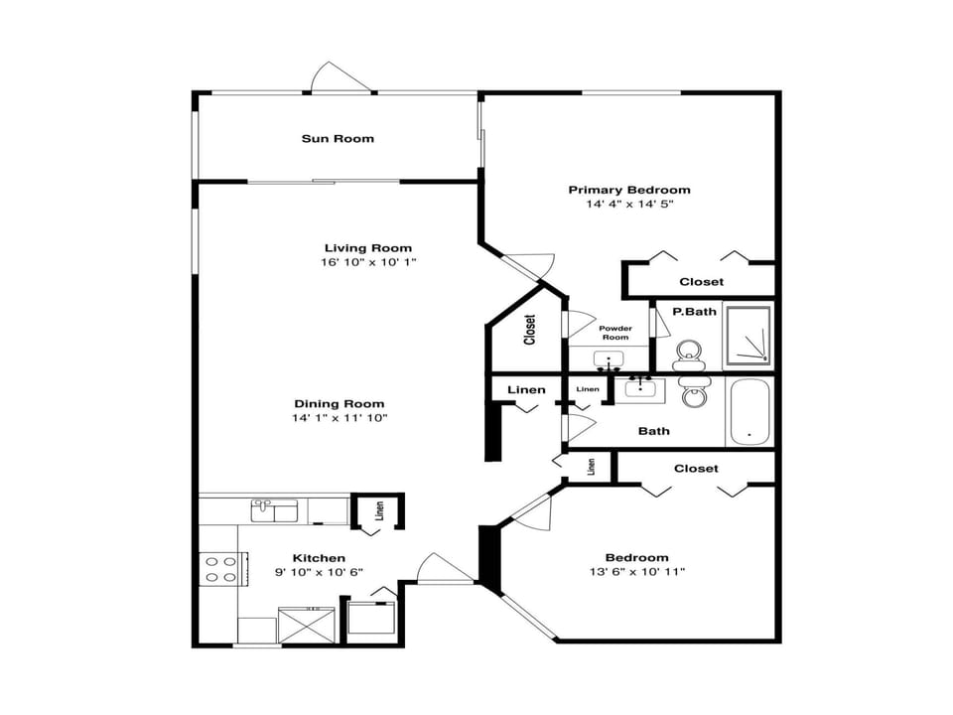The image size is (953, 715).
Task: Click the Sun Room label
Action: pyautogui.click(x=338, y=138)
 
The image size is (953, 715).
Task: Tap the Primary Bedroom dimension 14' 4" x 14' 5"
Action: pyautogui.click(x=629, y=205)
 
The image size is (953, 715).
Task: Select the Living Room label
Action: pyautogui.click(x=367, y=248)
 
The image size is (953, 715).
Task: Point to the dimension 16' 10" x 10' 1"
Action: pyautogui.click(x=367, y=263)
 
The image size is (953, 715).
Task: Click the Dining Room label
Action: pyautogui.click(x=339, y=404)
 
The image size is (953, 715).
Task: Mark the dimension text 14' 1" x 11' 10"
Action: pyautogui.click(x=339, y=418)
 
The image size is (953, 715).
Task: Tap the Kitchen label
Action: pyautogui.click(x=319, y=558)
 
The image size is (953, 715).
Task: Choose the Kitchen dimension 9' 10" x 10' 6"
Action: pyautogui.click(x=319, y=572)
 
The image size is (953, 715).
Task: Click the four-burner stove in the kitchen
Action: pyautogui.click(x=219, y=569)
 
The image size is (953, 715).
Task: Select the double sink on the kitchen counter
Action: pyautogui.click(x=275, y=510)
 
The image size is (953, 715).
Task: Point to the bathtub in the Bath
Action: pyautogui.click(x=748, y=411)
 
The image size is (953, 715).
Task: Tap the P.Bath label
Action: pyautogui.click(x=694, y=312)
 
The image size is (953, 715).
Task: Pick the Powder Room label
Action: pyautogui.click(x=614, y=332)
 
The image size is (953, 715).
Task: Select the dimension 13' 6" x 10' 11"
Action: pyautogui.click(x=637, y=572)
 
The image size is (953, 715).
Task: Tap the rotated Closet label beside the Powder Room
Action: pyautogui.click(x=529, y=331)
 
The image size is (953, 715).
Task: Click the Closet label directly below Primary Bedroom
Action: pyautogui.click(x=701, y=282)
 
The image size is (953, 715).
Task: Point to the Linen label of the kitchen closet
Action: pyautogui.click(x=379, y=511)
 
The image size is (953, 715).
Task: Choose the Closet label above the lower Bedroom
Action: pyautogui.click(x=695, y=468)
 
